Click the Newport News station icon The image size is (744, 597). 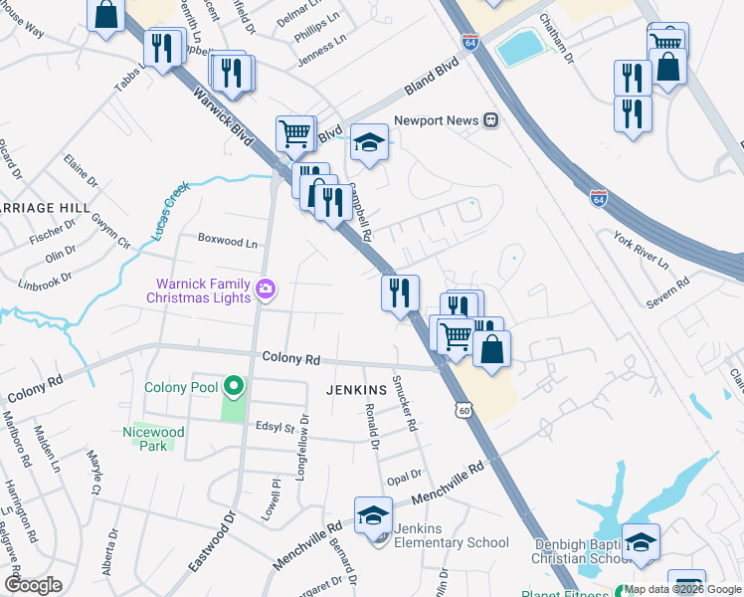tap(490, 120)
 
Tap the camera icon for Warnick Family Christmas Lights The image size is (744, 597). tap(266, 290)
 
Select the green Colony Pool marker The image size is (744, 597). tap(233, 387)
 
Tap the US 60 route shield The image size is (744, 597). tap(464, 410)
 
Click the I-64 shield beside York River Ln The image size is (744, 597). tap(598, 198)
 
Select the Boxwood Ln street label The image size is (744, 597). tap(228, 242)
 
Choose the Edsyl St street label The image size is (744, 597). tap(276, 428)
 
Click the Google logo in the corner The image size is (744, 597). tap(33, 584)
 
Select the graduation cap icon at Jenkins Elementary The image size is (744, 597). tap(373, 513)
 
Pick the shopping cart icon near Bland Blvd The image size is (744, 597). tap(294, 132)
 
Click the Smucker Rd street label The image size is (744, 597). tap(403, 403)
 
